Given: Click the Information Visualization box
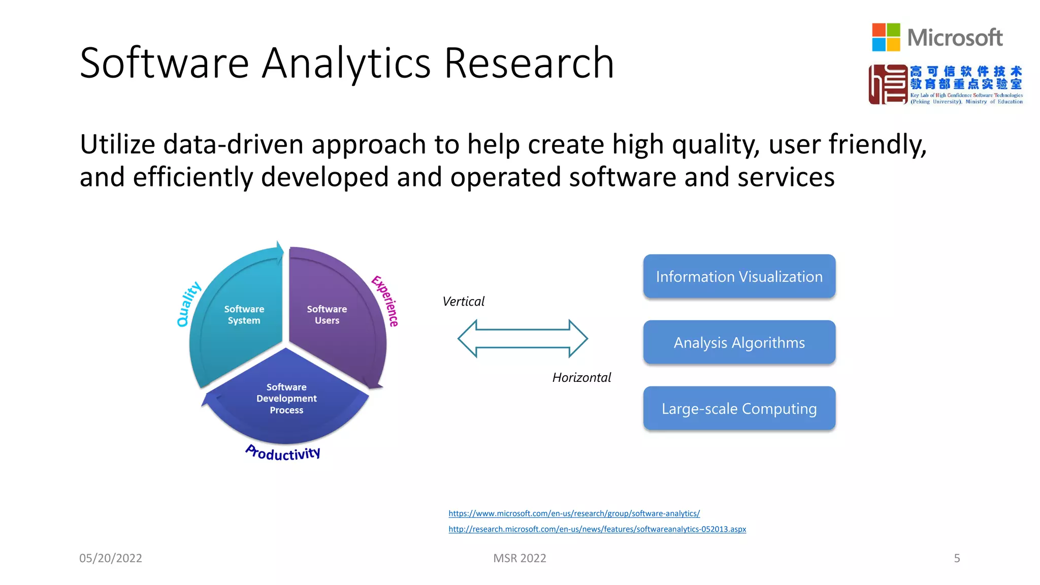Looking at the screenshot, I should (x=739, y=276).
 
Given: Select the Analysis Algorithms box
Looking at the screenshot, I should (x=739, y=343).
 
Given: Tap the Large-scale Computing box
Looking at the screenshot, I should (x=739, y=409).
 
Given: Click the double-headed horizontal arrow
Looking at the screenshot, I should (x=523, y=339).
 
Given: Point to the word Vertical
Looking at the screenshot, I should (x=463, y=302).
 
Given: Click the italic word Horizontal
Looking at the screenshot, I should (x=581, y=378).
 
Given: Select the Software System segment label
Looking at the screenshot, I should (x=244, y=315).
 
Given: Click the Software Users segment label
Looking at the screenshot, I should (x=327, y=315).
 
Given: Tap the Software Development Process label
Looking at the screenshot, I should (x=286, y=399).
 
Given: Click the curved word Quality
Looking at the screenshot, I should (x=188, y=304).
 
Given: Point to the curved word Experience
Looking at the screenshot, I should (x=385, y=301).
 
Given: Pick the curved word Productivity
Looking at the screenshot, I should (x=283, y=452).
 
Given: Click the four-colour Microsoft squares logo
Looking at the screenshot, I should (x=886, y=37).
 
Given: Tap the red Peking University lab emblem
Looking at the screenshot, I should (x=888, y=84).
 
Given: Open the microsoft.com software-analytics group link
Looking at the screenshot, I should (x=574, y=513).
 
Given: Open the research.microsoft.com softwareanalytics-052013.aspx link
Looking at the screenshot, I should (x=597, y=529).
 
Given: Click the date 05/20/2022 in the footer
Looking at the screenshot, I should (x=111, y=558).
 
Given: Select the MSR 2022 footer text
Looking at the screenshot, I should (x=519, y=558).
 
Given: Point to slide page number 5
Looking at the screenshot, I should (x=957, y=558).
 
